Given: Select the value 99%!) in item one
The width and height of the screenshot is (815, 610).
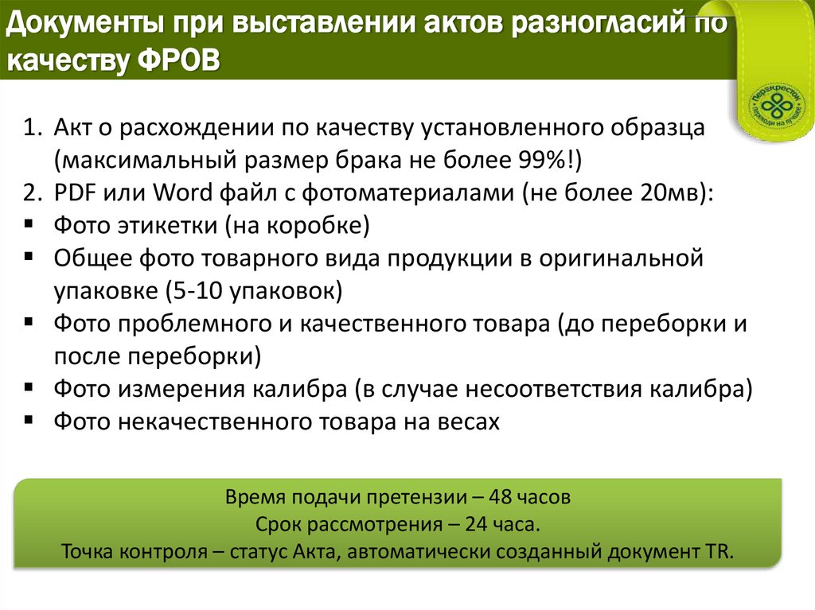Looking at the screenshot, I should [x=548, y=160].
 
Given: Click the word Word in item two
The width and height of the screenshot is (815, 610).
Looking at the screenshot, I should [x=180, y=193].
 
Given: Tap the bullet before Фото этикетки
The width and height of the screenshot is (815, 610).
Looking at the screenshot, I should [x=29, y=225].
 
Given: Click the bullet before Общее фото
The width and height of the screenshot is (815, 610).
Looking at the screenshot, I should [x=29, y=258].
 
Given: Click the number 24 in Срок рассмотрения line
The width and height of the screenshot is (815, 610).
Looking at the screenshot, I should [x=472, y=526].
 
